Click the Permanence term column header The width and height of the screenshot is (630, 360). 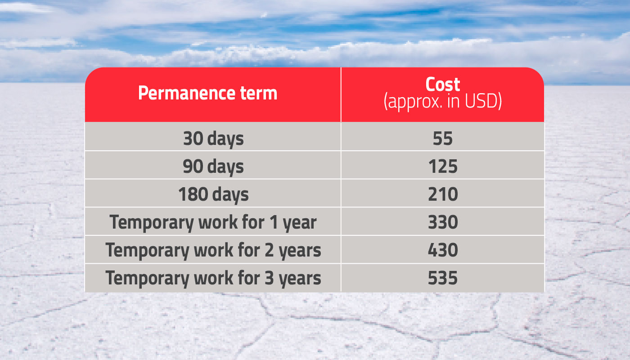(207, 93)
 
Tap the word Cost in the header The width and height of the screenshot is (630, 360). (443, 84)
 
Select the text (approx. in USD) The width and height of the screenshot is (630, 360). (443, 101)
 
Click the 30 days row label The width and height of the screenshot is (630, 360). (213, 139)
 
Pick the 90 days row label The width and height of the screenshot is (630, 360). (213, 166)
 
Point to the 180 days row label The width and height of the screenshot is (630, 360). (213, 194)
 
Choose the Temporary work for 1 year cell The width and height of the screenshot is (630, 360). (213, 222)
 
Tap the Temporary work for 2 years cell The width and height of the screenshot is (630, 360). (213, 250)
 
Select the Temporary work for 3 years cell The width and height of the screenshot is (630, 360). (213, 278)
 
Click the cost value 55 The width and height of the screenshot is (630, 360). (443, 139)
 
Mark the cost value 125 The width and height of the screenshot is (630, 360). (443, 166)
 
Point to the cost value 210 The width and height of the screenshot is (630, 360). (443, 194)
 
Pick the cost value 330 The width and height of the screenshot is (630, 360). (443, 222)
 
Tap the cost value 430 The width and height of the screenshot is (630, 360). (443, 250)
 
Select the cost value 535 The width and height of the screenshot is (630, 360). (443, 278)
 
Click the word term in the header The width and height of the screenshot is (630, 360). (259, 94)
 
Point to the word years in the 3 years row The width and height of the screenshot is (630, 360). (300, 279)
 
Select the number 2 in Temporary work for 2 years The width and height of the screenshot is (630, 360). (269, 250)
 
